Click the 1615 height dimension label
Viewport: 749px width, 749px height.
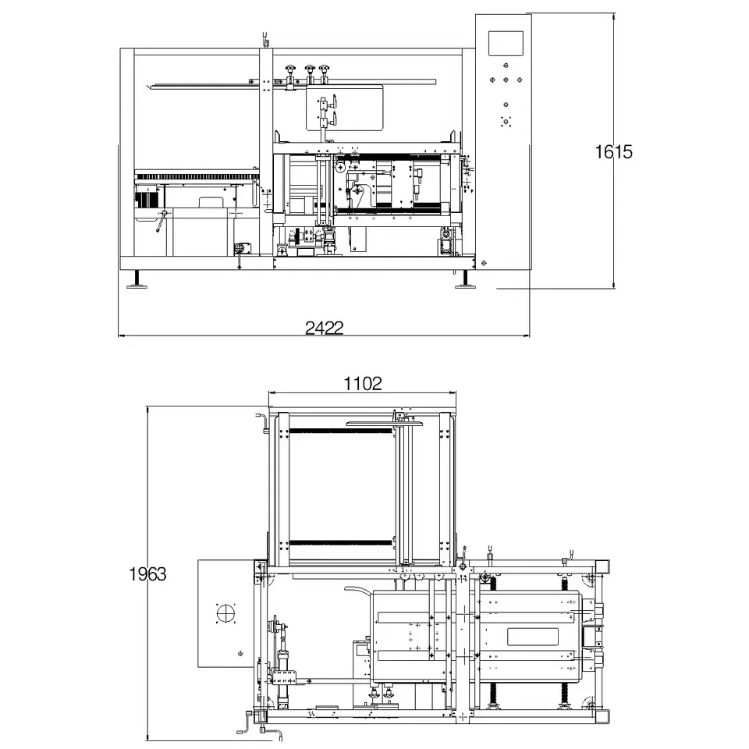pyautogui.click(x=613, y=152)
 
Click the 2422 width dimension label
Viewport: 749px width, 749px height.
pyautogui.click(x=325, y=328)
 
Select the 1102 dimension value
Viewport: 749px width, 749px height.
pyautogui.click(x=363, y=383)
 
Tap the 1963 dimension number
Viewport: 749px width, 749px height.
pyautogui.click(x=147, y=573)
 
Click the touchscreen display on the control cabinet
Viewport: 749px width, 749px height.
pyautogui.click(x=506, y=44)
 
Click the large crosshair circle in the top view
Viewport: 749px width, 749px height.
pyautogui.click(x=226, y=613)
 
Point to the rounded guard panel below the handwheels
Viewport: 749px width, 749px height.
pyautogui.click(x=345, y=107)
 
